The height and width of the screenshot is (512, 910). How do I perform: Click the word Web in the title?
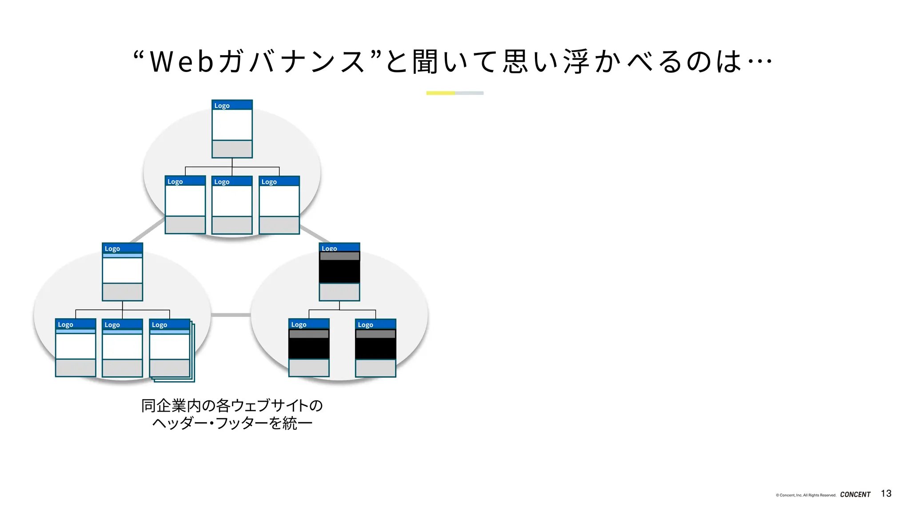point(182,61)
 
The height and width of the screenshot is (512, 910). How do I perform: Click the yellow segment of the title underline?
point(440,93)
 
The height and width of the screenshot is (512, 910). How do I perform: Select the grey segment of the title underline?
point(469,93)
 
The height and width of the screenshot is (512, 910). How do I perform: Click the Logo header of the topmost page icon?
point(232,105)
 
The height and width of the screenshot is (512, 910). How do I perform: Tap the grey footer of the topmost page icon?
point(232,149)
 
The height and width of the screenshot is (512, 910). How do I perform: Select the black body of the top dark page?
point(339,271)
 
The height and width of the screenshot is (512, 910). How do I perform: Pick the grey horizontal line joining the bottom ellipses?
point(231,315)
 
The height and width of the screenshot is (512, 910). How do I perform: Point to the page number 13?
point(886,493)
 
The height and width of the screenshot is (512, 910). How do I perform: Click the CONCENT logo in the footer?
point(855,494)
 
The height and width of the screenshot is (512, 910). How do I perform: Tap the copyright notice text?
point(806,495)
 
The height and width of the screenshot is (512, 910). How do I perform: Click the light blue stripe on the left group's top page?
point(122,256)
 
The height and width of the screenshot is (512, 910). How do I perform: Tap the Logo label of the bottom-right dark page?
point(366,325)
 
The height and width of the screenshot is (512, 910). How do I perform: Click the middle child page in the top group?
point(232,205)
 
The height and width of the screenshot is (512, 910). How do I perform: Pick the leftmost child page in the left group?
point(76,348)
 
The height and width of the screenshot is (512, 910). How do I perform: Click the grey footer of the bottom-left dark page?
point(309,368)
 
